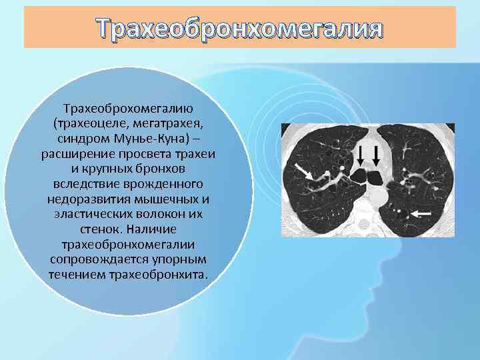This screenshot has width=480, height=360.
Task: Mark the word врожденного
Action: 171,183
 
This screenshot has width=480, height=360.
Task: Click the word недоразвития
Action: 86,199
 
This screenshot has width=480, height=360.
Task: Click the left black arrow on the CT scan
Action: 361,155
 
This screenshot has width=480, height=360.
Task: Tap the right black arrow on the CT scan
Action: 377,155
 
